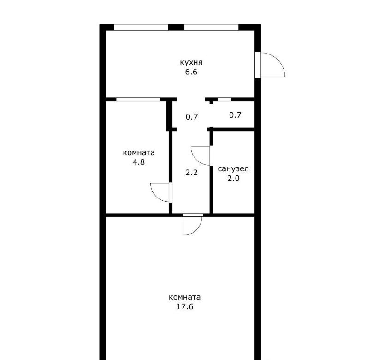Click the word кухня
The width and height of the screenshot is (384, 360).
click(191, 62)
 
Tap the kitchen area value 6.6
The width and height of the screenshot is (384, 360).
click(191, 72)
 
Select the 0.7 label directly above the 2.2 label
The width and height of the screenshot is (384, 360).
click(191, 117)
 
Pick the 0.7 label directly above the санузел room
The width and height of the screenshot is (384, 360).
click(235, 115)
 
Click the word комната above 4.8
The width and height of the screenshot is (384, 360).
click(139, 153)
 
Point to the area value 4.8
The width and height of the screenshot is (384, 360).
click(139, 162)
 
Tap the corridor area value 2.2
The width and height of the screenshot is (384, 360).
click(191, 173)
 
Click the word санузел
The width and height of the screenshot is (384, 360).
click(233, 169)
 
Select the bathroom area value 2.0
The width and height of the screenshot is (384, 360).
click(233, 179)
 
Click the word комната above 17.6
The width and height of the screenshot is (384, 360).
click(185, 297)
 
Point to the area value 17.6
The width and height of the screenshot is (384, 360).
click(185, 307)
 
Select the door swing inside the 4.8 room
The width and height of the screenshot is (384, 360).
click(156, 197)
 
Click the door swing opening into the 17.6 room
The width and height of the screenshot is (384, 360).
click(197, 230)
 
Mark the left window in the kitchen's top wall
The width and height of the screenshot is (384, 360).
click(142, 28)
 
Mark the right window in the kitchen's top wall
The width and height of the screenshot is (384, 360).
click(211, 28)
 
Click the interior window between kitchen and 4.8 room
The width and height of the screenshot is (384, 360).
click(138, 99)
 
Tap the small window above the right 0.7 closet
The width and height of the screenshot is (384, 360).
click(224, 99)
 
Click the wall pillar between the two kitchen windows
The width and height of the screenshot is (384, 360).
click(176, 28)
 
